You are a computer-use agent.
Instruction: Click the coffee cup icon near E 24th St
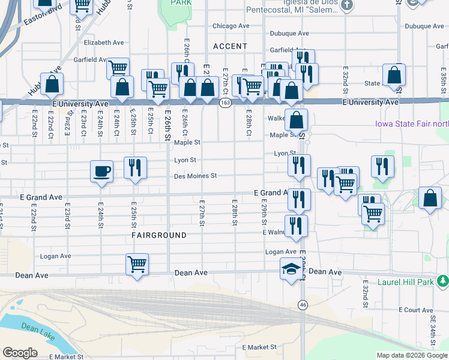[101, 171]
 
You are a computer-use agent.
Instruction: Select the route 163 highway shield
[224, 103]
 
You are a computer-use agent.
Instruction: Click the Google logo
[20, 353]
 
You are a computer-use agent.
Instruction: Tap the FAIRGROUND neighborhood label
[159, 236]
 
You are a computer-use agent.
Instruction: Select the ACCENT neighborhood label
[230, 46]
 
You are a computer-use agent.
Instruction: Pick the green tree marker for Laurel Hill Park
[442, 280]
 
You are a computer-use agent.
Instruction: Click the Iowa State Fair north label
[408, 124]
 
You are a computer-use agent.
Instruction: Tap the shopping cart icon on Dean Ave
[137, 263]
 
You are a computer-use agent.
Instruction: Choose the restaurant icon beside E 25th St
[135, 167]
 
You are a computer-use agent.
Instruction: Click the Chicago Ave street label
[231, 26]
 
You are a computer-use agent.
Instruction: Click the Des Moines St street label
[195, 176]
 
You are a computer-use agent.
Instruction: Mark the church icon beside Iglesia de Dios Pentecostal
[346, 5]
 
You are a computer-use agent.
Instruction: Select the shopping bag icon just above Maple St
[296, 119]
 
